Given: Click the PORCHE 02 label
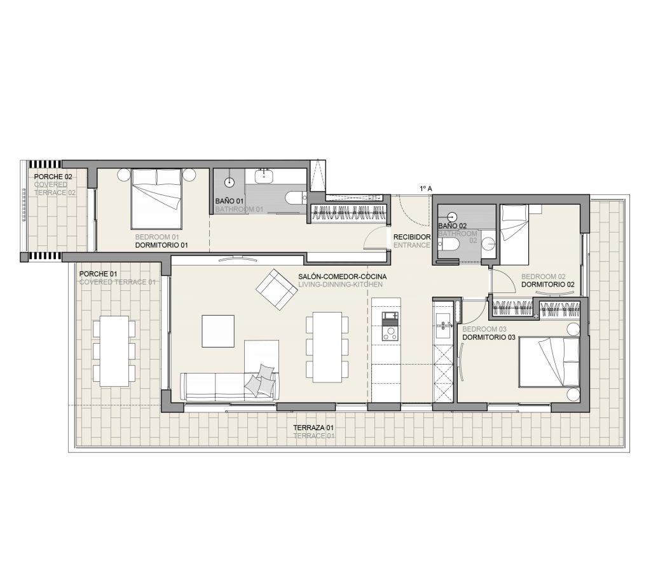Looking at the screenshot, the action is coord(53,177).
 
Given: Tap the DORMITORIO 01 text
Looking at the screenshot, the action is coord(161,245).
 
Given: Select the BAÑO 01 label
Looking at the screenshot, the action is coord(229,201).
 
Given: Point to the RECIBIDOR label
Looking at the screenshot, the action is coord(412,237).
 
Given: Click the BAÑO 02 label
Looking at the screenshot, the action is coord(453,226).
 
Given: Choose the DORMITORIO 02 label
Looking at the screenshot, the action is coord(548,285).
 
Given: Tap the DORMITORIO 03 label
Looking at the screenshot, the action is coord(489,337).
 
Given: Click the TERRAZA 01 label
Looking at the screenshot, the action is coord(313,428).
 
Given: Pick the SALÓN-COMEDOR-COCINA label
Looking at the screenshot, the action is coord(343,276).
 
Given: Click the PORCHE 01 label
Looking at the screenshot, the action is coord(98,274).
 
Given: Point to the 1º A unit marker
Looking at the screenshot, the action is coord(426,189).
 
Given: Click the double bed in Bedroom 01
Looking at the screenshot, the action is coord(156,199).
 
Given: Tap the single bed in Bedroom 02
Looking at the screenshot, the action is coord(514,234).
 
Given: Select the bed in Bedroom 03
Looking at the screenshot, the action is coord(549,362).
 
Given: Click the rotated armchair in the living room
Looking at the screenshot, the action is coord(277,290).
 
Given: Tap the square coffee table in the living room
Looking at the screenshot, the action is coord(218,331).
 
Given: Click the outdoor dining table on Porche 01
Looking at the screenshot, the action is coord(114,351).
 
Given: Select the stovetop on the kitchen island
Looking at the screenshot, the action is coord(390,332).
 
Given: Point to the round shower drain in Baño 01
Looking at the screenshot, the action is coord(230,182).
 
